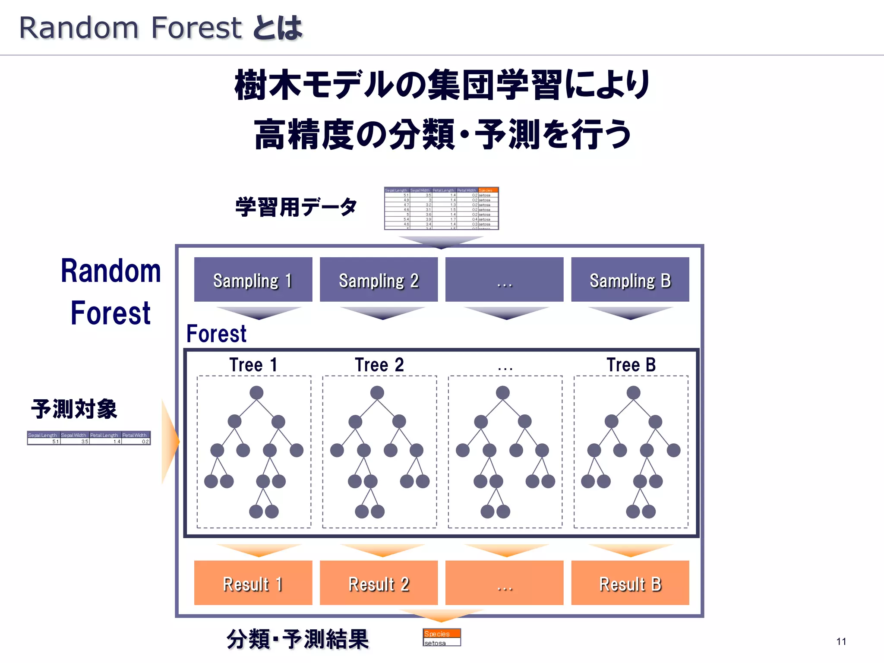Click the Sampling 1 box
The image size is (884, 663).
click(253, 279)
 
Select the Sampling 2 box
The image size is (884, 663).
click(379, 279)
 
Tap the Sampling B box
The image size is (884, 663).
click(630, 279)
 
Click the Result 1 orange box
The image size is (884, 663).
click(253, 583)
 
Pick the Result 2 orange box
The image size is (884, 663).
click(379, 583)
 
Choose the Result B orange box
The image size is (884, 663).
click(630, 583)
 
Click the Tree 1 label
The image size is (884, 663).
click(253, 365)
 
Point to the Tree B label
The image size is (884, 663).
click(631, 365)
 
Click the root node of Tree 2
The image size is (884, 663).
click(377, 392)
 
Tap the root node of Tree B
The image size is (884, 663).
click(633, 392)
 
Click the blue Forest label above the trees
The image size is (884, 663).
click(216, 334)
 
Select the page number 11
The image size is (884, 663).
click(841, 641)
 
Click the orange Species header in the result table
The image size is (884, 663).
click(442, 634)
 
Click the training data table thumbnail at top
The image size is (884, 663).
click(441, 208)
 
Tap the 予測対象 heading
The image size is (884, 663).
click(74, 409)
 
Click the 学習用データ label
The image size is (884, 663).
click(296, 207)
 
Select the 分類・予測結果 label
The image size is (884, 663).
click(297, 639)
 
